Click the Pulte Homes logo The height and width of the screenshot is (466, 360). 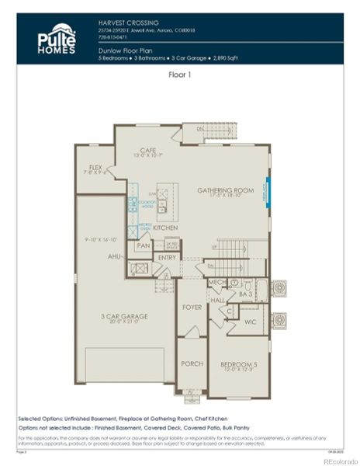click(57, 37)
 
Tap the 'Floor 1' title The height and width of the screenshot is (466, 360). click(180, 75)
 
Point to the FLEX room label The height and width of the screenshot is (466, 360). click(96, 167)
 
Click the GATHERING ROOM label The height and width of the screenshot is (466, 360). click(226, 190)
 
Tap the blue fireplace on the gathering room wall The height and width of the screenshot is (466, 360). click(268, 189)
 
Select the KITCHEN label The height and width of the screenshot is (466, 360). click(166, 228)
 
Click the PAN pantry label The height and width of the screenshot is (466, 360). click(143, 245)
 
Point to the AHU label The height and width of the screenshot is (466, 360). click(115, 256)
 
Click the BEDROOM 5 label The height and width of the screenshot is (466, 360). click(238, 364)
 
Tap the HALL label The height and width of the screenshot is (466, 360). click(217, 299)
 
